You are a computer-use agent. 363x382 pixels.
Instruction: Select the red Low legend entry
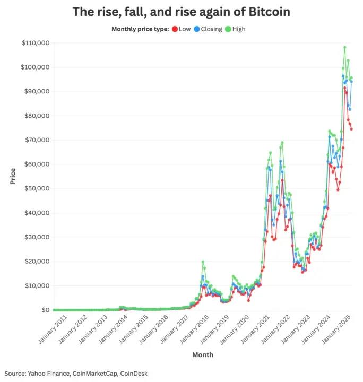[181, 29]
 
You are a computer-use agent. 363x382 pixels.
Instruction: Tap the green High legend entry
[235, 29]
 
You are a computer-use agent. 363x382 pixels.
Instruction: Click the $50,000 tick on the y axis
[36, 189]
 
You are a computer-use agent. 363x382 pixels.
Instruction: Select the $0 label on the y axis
[44, 310]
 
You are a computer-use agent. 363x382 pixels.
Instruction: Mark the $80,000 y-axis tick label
[36, 116]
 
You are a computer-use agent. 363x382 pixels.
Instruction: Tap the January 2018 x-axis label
[188, 330]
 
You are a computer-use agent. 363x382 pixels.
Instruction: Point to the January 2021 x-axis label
[249, 330]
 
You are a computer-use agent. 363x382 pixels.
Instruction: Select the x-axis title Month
[202, 353]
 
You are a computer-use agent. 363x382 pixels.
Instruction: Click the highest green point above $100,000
[344, 47]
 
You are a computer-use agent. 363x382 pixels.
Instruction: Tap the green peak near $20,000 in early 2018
[203, 262]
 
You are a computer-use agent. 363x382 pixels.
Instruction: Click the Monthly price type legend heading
[140, 29]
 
